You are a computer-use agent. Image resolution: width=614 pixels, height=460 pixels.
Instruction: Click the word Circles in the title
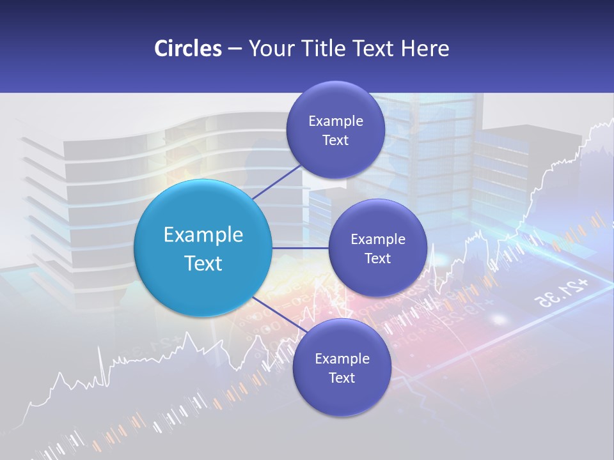pyautogui.click(x=187, y=49)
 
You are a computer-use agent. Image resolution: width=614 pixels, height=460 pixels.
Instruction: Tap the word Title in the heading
pyautogui.click(x=326, y=49)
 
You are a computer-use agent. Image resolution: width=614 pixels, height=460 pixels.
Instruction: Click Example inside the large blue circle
pyautogui.click(x=203, y=235)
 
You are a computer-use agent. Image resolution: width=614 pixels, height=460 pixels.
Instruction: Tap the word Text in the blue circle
pyautogui.click(x=203, y=263)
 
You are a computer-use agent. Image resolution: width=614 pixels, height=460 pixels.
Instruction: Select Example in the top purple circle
pyautogui.click(x=336, y=121)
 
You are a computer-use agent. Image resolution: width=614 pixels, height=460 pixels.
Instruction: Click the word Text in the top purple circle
pyautogui.click(x=336, y=141)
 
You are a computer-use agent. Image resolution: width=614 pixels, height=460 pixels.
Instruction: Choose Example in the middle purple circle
pyautogui.click(x=378, y=240)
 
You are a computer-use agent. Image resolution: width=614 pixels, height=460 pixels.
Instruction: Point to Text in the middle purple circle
pyautogui.click(x=378, y=259)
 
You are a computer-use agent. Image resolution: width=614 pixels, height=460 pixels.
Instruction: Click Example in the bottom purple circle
pyautogui.click(x=342, y=359)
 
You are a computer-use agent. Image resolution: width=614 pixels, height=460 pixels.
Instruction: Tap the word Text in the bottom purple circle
pyautogui.click(x=342, y=378)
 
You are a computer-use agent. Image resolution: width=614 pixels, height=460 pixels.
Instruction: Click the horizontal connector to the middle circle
pyautogui.click(x=300, y=248)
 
